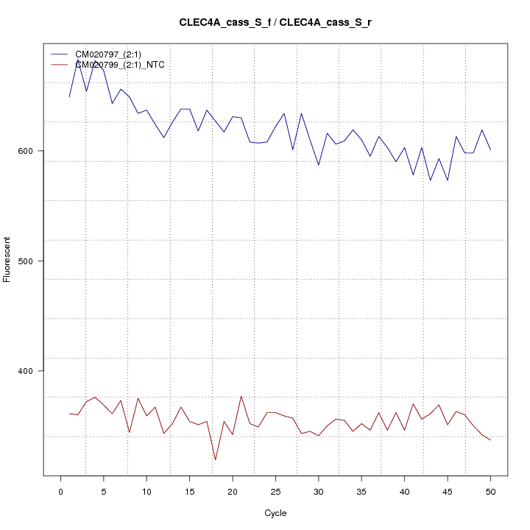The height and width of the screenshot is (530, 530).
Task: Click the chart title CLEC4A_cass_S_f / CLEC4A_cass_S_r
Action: click(275, 22)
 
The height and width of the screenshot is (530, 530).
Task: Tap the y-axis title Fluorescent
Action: click(8, 259)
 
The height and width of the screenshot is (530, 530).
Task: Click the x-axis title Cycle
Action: click(275, 513)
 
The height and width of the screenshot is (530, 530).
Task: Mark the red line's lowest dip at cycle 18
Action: click(216, 460)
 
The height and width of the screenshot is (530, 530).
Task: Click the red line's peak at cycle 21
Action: click(241, 396)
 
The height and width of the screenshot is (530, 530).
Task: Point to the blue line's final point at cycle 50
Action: click(490, 149)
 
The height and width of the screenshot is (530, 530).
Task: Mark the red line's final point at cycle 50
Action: click(490, 440)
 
